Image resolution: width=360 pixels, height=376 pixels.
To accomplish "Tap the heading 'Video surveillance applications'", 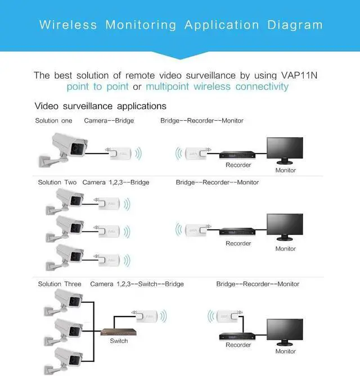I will coord(101,106).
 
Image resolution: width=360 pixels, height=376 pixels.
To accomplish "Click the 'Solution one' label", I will coord(53,121).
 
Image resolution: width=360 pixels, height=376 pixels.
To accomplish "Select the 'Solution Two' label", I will coord(57,183).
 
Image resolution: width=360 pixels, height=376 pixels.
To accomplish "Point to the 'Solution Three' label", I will coord(60,284).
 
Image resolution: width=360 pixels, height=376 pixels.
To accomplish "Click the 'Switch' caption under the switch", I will coord(119,341).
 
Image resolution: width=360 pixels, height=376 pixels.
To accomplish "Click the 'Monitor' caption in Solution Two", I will coord(285,249).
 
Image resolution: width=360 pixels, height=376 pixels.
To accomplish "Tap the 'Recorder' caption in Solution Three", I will coord(238,345).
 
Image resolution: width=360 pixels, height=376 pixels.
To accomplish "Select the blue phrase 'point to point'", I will coord(97,87).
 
